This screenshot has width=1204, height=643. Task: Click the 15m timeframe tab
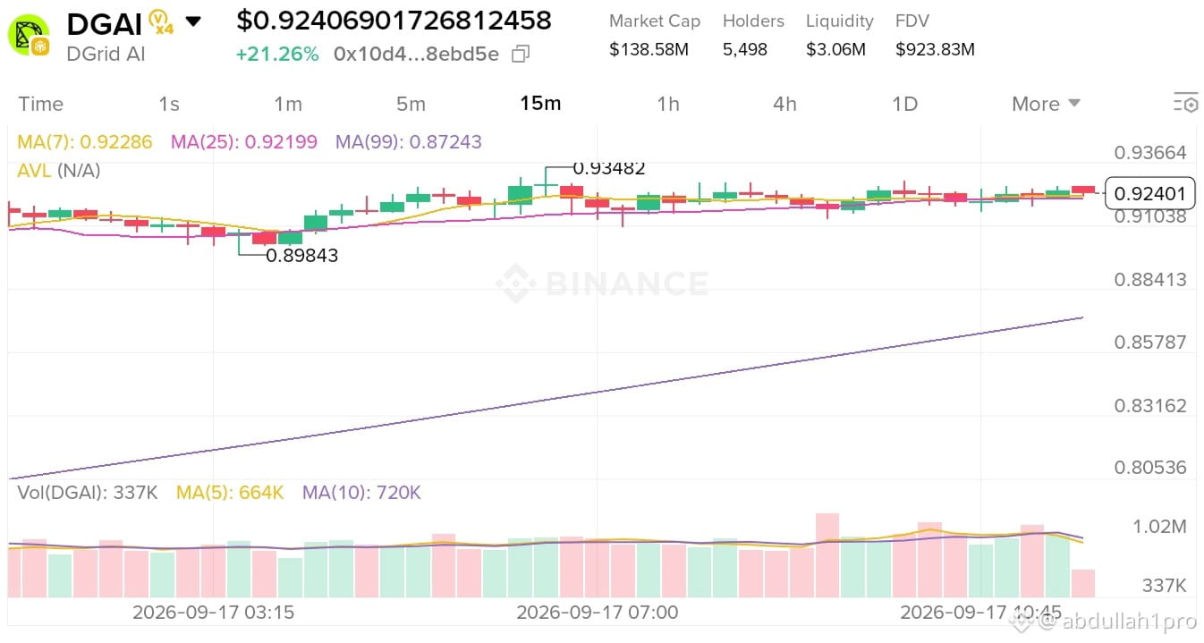[x=540, y=103]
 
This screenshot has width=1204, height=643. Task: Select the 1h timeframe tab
[x=668, y=104]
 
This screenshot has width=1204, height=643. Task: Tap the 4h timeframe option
[x=784, y=104]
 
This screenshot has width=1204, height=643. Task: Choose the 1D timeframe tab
[x=904, y=104]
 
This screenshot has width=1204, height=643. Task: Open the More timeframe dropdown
[x=1046, y=104]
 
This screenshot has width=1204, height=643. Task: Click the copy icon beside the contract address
[x=521, y=54]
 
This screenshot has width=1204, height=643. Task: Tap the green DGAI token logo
[x=29, y=36]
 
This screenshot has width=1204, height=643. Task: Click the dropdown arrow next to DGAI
[x=193, y=21]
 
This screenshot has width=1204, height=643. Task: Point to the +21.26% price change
[x=277, y=54]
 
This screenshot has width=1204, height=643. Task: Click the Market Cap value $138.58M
[x=649, y=49]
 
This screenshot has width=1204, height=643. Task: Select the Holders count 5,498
[x=744, y=49]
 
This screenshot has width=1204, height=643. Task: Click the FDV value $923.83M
[x=935, y=49]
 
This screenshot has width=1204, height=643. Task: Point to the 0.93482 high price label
[x=609, y=169]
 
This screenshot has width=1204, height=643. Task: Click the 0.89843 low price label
[x=302, y=255]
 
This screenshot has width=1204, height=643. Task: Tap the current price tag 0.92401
[x=1149, y=193]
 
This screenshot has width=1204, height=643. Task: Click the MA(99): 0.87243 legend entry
[x=409, y=142]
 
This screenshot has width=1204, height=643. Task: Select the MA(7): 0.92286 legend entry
[x=85, y=142]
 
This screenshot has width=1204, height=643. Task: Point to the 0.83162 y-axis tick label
[x=1150, y=406]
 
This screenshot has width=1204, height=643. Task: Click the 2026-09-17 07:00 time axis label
[x=598, y=613]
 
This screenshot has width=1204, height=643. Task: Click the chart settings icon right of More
[x=1185, y=103]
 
